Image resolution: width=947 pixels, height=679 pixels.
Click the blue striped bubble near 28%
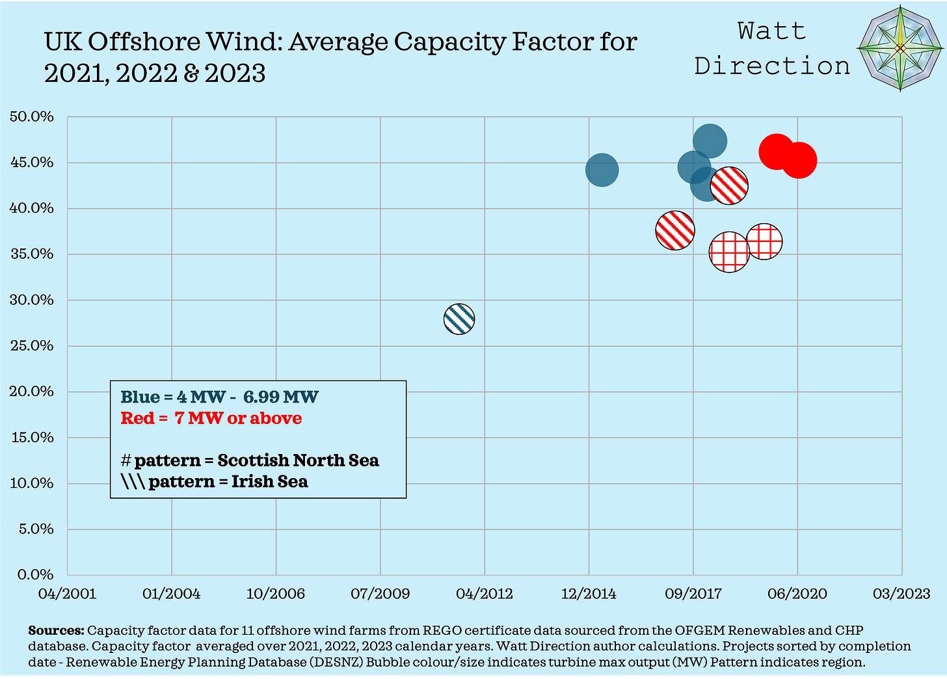click(x=459, y=319)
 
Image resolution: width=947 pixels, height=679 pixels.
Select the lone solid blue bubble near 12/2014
click(x=602, y=170)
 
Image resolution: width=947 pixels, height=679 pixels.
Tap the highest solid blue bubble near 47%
click(x=710, y=141)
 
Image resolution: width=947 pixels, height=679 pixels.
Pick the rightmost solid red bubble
click(x=799, y=161)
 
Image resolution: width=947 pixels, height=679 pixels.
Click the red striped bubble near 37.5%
click(x=675, y=230)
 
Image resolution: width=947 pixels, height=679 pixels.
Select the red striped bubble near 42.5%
click(x=729, y=185)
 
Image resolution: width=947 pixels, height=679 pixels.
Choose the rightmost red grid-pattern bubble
click(x=764, y=241)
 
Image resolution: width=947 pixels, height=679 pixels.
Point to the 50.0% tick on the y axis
click(x=32, y=117)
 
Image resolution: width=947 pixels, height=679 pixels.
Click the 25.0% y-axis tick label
click(x=32, y=346)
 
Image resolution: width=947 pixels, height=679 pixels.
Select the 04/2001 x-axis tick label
click(x=67, y=594)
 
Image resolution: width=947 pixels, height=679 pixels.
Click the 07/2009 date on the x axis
click(x=380, y=594)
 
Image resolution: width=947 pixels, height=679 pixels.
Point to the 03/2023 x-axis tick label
click(x=901, y=594)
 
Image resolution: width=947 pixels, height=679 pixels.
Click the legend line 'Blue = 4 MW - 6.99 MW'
click(x=219, y=397)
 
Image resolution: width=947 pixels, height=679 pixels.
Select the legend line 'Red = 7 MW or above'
click(x=211, y=418)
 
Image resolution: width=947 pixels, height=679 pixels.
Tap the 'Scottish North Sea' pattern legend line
click(x=249, y=460)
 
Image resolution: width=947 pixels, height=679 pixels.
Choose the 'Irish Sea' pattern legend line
click(x=214, y=482)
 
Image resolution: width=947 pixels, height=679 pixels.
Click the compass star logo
click(x=900, y=49)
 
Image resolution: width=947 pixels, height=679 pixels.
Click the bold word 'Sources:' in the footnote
click(x=56, y=631)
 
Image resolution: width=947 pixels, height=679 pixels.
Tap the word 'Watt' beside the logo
click(x=771, y=31)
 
